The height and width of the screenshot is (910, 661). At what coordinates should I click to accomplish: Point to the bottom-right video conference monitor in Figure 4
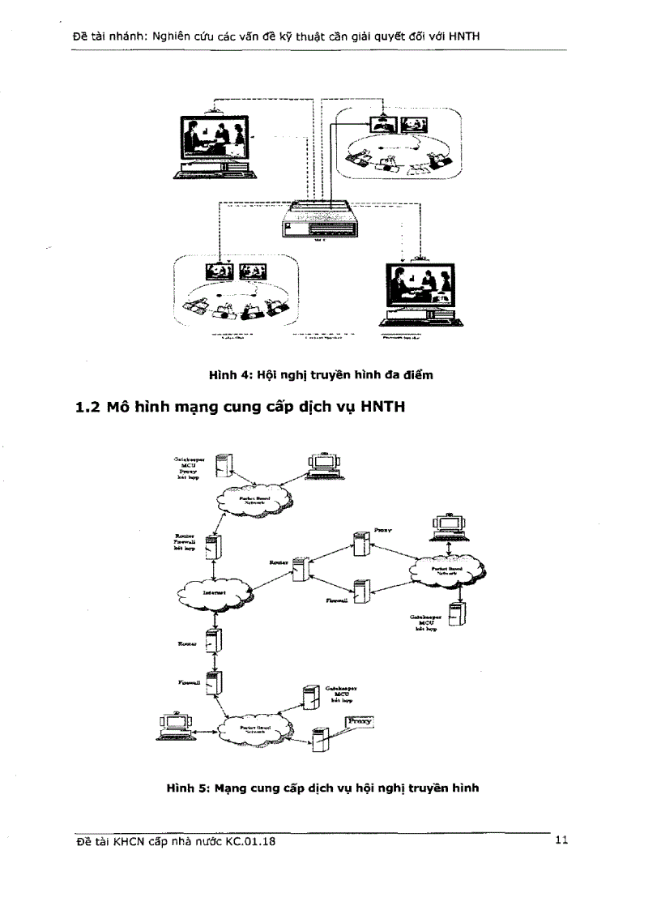pos(420,293)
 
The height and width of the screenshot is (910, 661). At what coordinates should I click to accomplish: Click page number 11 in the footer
pos(561,841)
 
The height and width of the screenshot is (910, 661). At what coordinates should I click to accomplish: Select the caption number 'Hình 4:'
pos(230,374)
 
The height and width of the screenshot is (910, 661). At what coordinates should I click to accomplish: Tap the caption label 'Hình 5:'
pos(187,786)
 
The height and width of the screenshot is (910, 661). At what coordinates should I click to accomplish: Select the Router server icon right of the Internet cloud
pos(301,569)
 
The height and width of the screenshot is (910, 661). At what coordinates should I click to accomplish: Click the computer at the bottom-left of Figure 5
pos(173,725)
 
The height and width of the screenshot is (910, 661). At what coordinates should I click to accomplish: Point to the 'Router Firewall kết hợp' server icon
pos(212,547)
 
